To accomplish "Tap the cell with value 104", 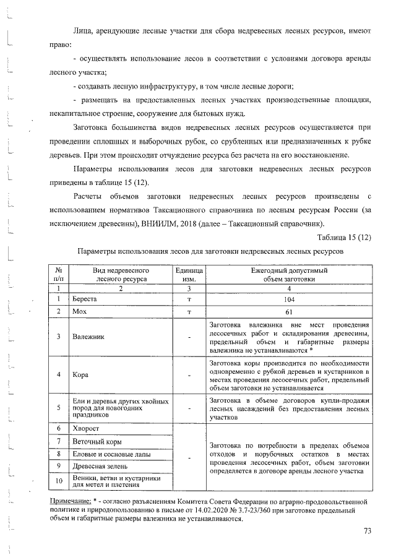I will tap(288, 299).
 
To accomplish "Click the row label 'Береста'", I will tap(85, 299).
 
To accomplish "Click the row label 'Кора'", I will tap(80, 374).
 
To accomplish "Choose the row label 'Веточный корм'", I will tap(97, 442).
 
